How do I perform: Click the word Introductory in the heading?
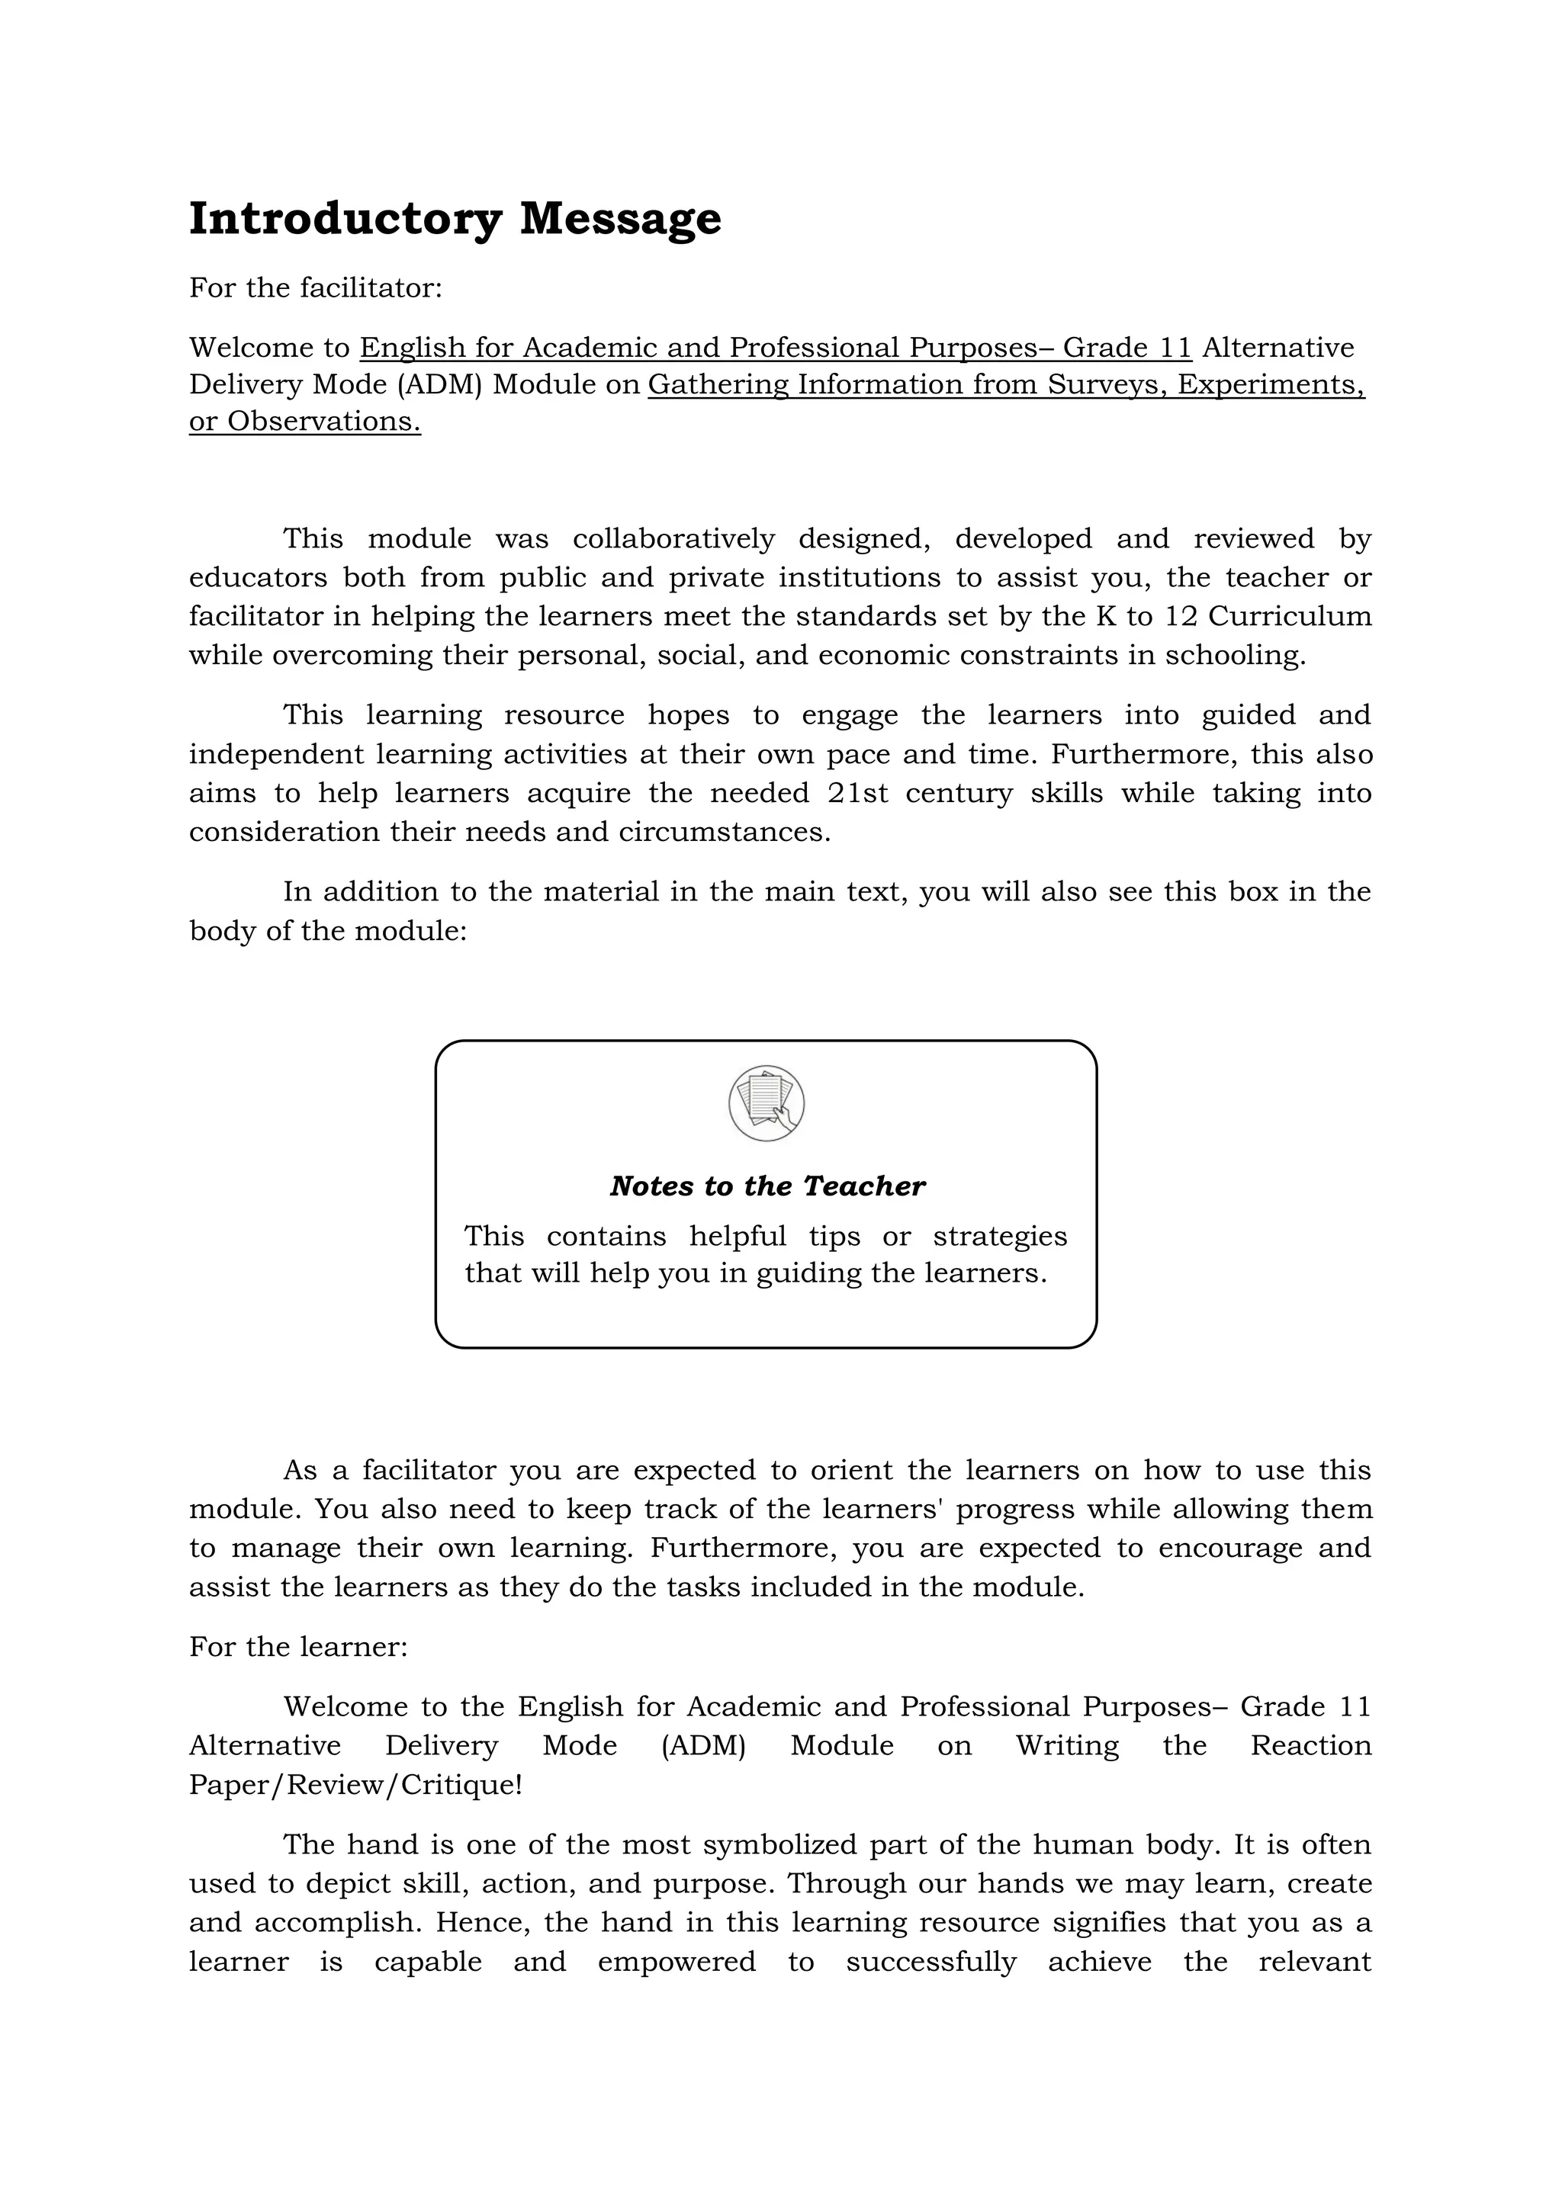[344, 220]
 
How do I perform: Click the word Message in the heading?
[620, 220]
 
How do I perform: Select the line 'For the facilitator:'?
[316, 287]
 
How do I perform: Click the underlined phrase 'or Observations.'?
[305, 421]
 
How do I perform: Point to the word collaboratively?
[673, 538]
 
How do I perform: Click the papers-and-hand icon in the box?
[767, 1103]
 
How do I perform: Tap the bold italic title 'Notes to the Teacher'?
[767, 1186]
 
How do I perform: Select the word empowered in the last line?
[677, 1962]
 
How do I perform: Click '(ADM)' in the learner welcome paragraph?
[703, 1745]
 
